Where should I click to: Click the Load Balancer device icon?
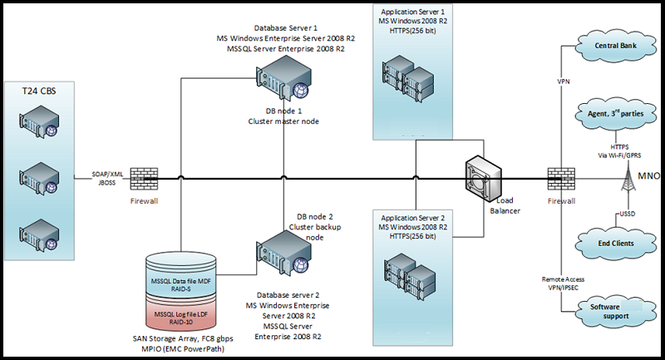pyautogui.click(x=484, y=174)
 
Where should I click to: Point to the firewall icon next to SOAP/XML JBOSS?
pyautogui.click(x=142, y=177)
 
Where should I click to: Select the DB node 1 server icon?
pyautogui.click(x=280, y=80)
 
